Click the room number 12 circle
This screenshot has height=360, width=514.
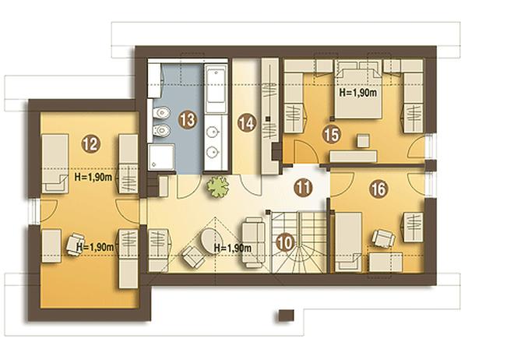click(91, 144)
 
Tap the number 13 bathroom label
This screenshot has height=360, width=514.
click(188, 120)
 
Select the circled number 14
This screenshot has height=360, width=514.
click(247, 123)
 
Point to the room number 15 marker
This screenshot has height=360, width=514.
click(332, 135)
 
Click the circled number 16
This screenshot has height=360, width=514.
click(378, 189)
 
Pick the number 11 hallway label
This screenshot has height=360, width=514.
click(303, 188)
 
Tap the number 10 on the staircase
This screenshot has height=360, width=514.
click(286, 243)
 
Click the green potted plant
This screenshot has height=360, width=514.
click(217, 186)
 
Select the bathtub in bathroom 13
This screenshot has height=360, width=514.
click(216, 89)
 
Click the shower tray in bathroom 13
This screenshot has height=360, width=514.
click(161, 157)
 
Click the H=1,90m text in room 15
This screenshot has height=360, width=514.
click(358, 93)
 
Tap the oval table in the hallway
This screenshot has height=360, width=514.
click(210, 240)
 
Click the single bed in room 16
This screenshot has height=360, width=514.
click(348, 242)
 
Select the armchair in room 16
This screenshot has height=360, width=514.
click(383, 238)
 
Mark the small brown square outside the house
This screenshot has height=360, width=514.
click(286, 315)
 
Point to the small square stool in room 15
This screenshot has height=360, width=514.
click(363, 140)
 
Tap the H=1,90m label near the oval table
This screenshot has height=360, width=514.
click(233, 249)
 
